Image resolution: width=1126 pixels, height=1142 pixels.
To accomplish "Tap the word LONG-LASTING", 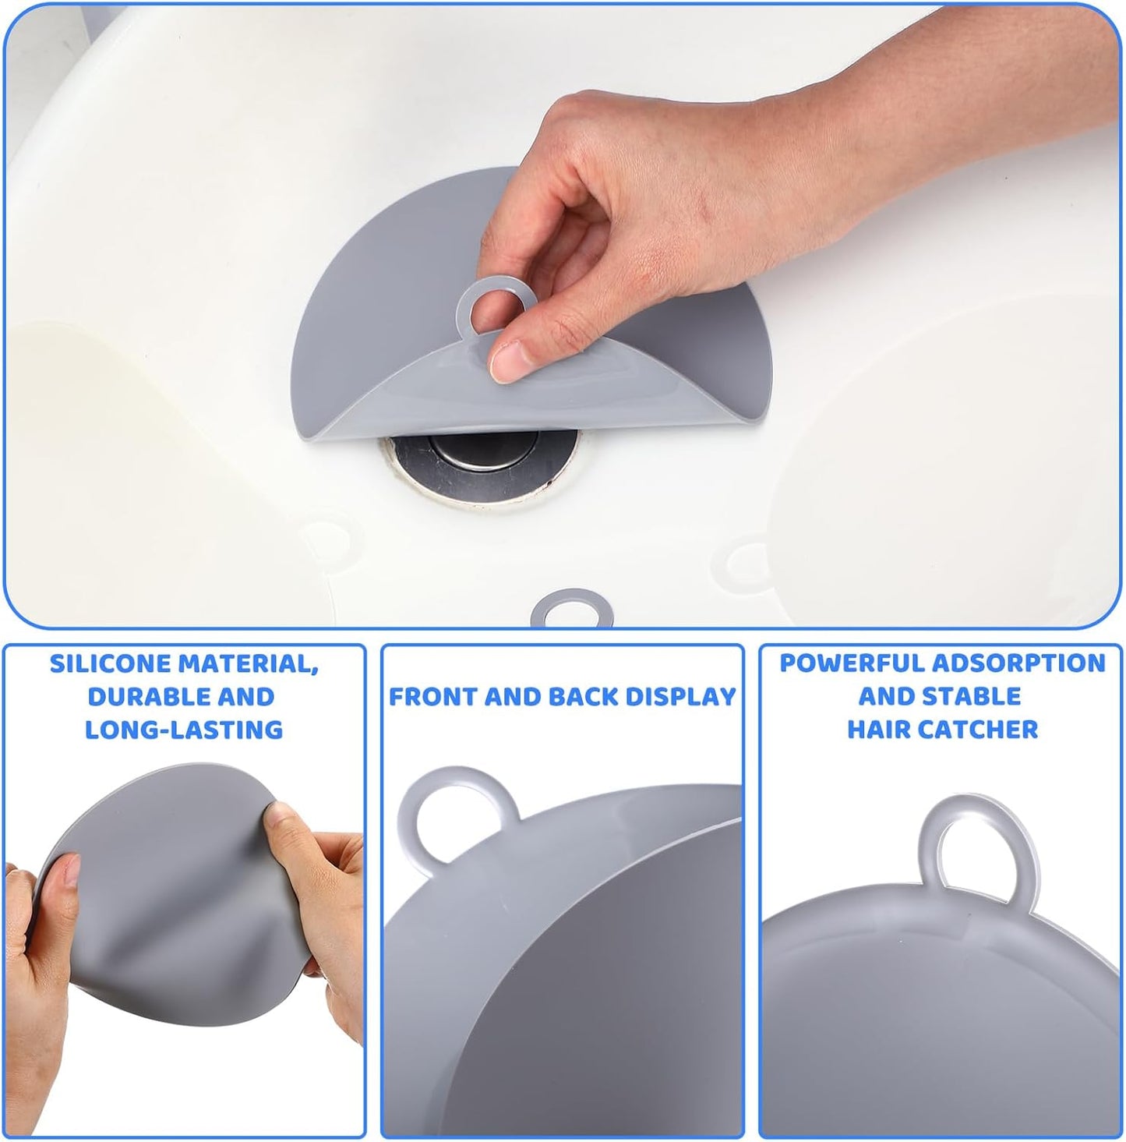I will pos(184,730).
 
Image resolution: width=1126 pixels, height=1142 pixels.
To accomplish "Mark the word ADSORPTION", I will pos(1018,663).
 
